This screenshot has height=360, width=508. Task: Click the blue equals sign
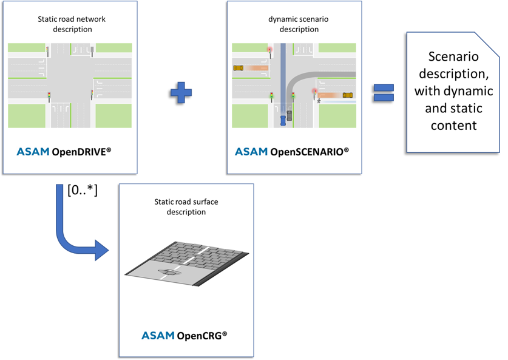[x=384, y=92]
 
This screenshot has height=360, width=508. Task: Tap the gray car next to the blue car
[x=290, y=115]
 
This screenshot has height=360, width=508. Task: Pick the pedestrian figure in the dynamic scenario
[x=318, y=100]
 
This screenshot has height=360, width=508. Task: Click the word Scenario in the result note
[x=453, y=56]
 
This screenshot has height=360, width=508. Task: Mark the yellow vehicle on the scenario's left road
[x=239, y=68]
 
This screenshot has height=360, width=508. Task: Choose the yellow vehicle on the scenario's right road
[x=347, y=95]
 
